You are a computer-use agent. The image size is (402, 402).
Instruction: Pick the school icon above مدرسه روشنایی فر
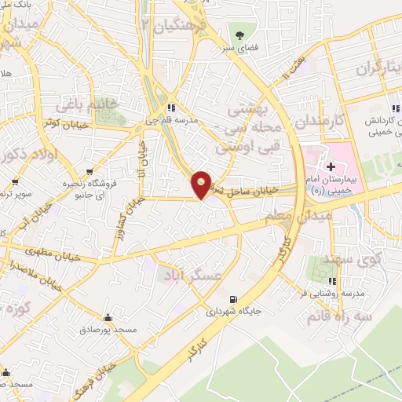pyautogui.click(x=332, y=280)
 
